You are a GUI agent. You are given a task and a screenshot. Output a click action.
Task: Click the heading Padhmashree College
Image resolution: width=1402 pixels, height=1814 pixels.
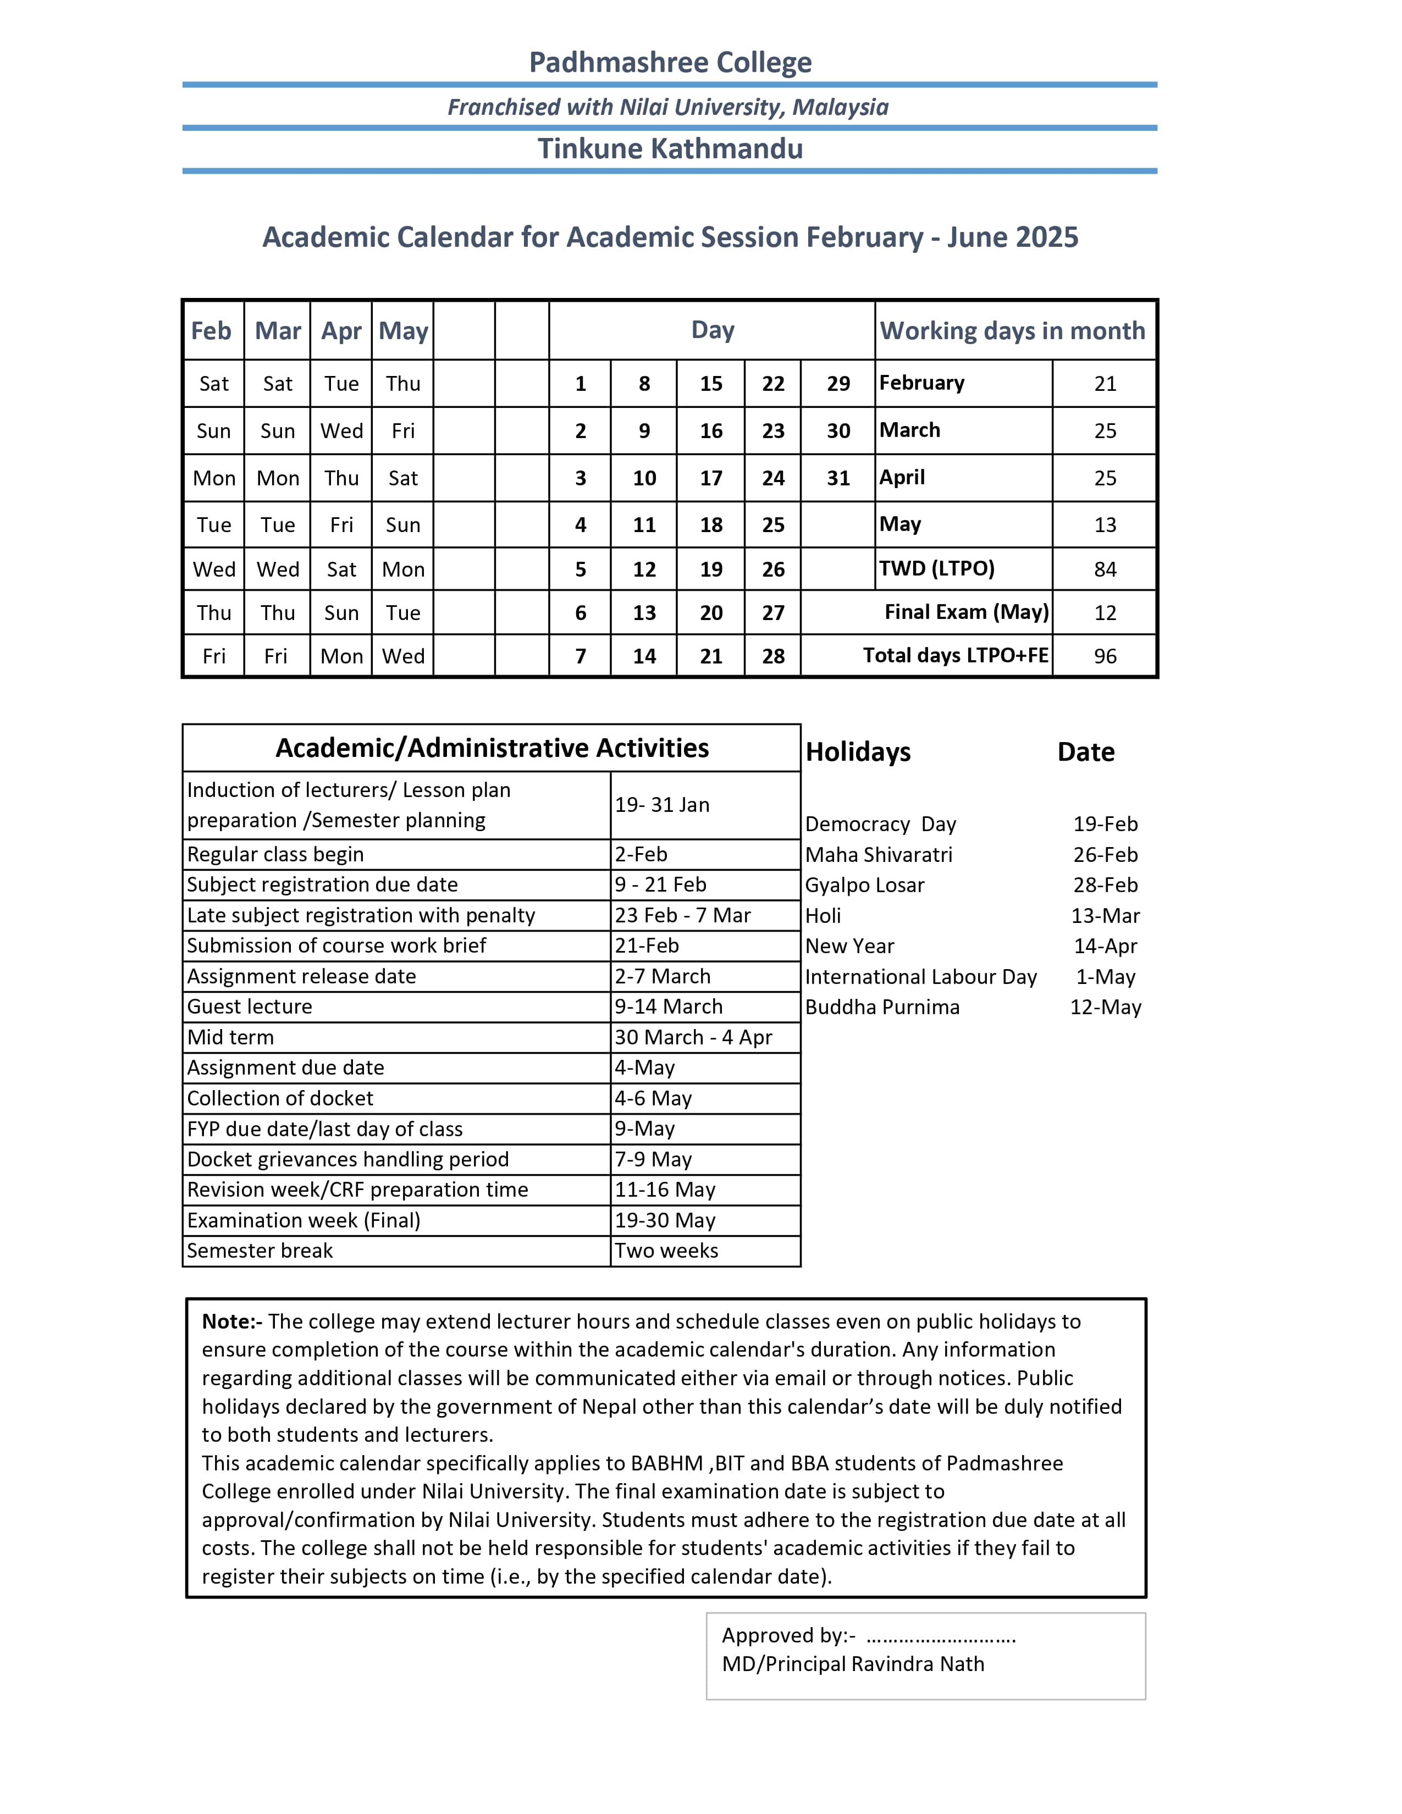[x=670, y=62]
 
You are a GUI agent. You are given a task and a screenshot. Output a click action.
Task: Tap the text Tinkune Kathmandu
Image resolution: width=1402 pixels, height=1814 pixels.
[x=670, y=148]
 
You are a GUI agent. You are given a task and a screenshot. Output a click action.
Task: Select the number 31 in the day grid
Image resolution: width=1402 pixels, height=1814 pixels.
[x=838, y=478]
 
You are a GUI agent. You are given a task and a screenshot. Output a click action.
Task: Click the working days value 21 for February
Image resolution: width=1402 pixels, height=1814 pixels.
[x=1105, y=384]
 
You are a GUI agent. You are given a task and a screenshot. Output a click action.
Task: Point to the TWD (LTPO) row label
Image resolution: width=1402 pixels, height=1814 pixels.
[x=936, y=569]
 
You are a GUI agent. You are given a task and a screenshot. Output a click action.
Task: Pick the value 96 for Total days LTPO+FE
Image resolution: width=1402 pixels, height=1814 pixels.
[x=1105, y=656]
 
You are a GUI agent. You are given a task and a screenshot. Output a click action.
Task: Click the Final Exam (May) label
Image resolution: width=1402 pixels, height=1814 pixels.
[x=966, y=612]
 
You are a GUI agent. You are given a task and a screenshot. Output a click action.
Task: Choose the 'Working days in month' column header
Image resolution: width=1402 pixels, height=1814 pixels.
[x=1012, y=330]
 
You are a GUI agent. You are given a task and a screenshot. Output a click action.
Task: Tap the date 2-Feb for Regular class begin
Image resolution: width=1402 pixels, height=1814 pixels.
[x=641, y=854]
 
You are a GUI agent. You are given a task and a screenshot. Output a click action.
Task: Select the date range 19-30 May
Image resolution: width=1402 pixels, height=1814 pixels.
[x=665, y=1220]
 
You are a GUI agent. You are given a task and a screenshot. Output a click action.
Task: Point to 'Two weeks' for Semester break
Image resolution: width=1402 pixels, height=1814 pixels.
[x=666, y=1251]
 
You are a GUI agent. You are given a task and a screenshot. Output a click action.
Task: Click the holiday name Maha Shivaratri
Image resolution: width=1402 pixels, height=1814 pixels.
[x=879, y=855]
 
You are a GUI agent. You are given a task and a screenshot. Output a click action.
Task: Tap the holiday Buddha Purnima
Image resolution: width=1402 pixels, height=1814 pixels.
[x=882, y=1008]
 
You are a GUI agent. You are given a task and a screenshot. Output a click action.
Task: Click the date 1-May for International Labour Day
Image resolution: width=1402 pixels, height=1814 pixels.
[x=1105, y=977]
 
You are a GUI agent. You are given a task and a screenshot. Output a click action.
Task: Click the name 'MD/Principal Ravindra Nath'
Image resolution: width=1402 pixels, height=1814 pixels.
[x=853, y=1664]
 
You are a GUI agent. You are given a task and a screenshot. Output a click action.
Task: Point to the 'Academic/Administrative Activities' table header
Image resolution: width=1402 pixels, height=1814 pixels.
[x=492, y=748]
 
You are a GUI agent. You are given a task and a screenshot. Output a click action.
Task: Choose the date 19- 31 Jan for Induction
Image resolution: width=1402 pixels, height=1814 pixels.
[x=662, y=805]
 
